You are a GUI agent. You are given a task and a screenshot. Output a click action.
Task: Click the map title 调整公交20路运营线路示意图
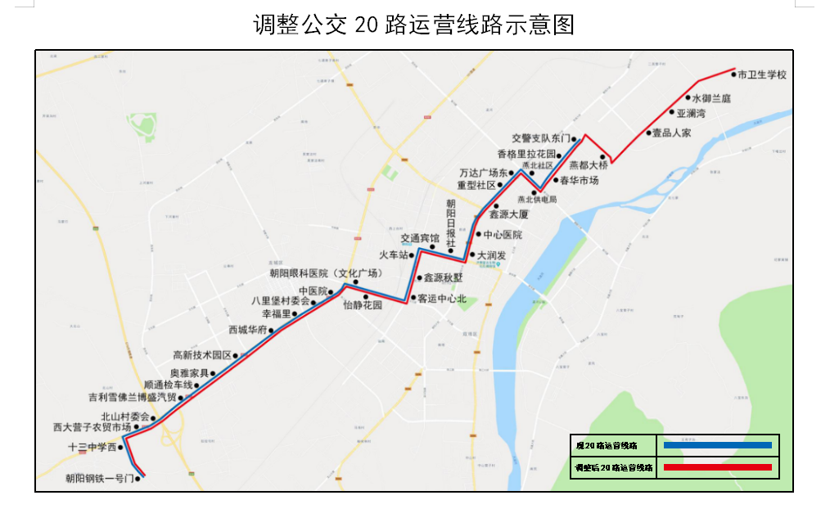coord(414,25)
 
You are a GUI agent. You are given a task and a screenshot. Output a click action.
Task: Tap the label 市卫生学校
coord(762,74)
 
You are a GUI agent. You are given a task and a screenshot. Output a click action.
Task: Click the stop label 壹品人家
coord(671,133)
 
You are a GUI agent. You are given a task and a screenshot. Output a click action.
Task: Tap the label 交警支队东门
coord(540,138)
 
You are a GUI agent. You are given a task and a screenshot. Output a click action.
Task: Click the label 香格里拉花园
coord(526,154)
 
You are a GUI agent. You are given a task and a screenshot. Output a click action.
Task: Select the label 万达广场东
coord(484,173)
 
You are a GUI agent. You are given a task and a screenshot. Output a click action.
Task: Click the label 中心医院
coord(503,235)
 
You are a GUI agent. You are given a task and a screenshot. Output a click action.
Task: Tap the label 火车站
coord(393,255)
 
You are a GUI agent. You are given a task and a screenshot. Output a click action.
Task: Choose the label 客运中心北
coord(441,299)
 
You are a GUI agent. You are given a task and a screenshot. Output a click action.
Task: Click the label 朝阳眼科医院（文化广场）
coord(327,273)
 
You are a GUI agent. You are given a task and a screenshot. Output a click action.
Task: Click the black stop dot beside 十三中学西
coord(120,448)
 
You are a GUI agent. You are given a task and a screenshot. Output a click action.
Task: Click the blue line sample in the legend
coord(717,445)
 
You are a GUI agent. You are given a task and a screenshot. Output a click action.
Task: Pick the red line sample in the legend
coord(717,467)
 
